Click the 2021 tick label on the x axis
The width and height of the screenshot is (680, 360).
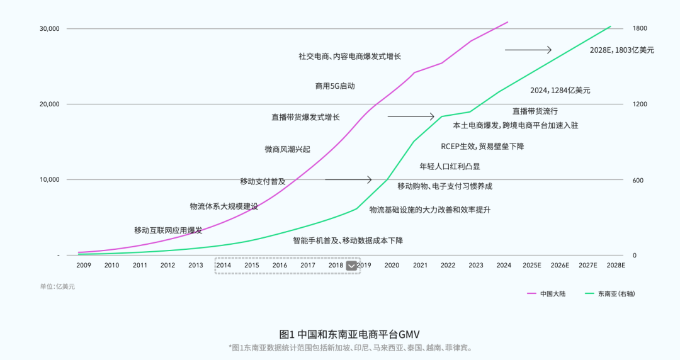[x=420, y=266]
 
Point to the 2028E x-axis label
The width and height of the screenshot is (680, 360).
[x=615, y=266]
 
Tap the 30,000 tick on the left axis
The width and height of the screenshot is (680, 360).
[x=49, y=29]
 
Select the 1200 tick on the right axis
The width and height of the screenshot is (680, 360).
[x=640, y=104]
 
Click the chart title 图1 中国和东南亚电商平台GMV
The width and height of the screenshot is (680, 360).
[x=349, y=334]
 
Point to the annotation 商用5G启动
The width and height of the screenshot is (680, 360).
[x=335, y=86]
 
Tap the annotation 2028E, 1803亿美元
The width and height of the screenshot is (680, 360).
[x=621, y=50]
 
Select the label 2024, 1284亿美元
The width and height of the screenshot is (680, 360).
[x=560, y=91]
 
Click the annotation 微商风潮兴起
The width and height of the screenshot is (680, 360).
[x=287, y=150]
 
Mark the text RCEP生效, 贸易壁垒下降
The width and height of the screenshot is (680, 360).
[x=482, y=147]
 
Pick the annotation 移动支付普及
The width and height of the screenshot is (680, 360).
[x=263, y=181]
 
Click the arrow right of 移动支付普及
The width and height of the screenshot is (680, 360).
[x=348, y=180]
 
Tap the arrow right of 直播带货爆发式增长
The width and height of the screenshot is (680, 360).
[x=411, y=116]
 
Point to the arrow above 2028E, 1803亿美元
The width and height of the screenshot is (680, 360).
[x=528, y=50]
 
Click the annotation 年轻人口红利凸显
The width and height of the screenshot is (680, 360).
[x=450, y=167]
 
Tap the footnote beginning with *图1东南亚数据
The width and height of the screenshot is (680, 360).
[x=349, y=347]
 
